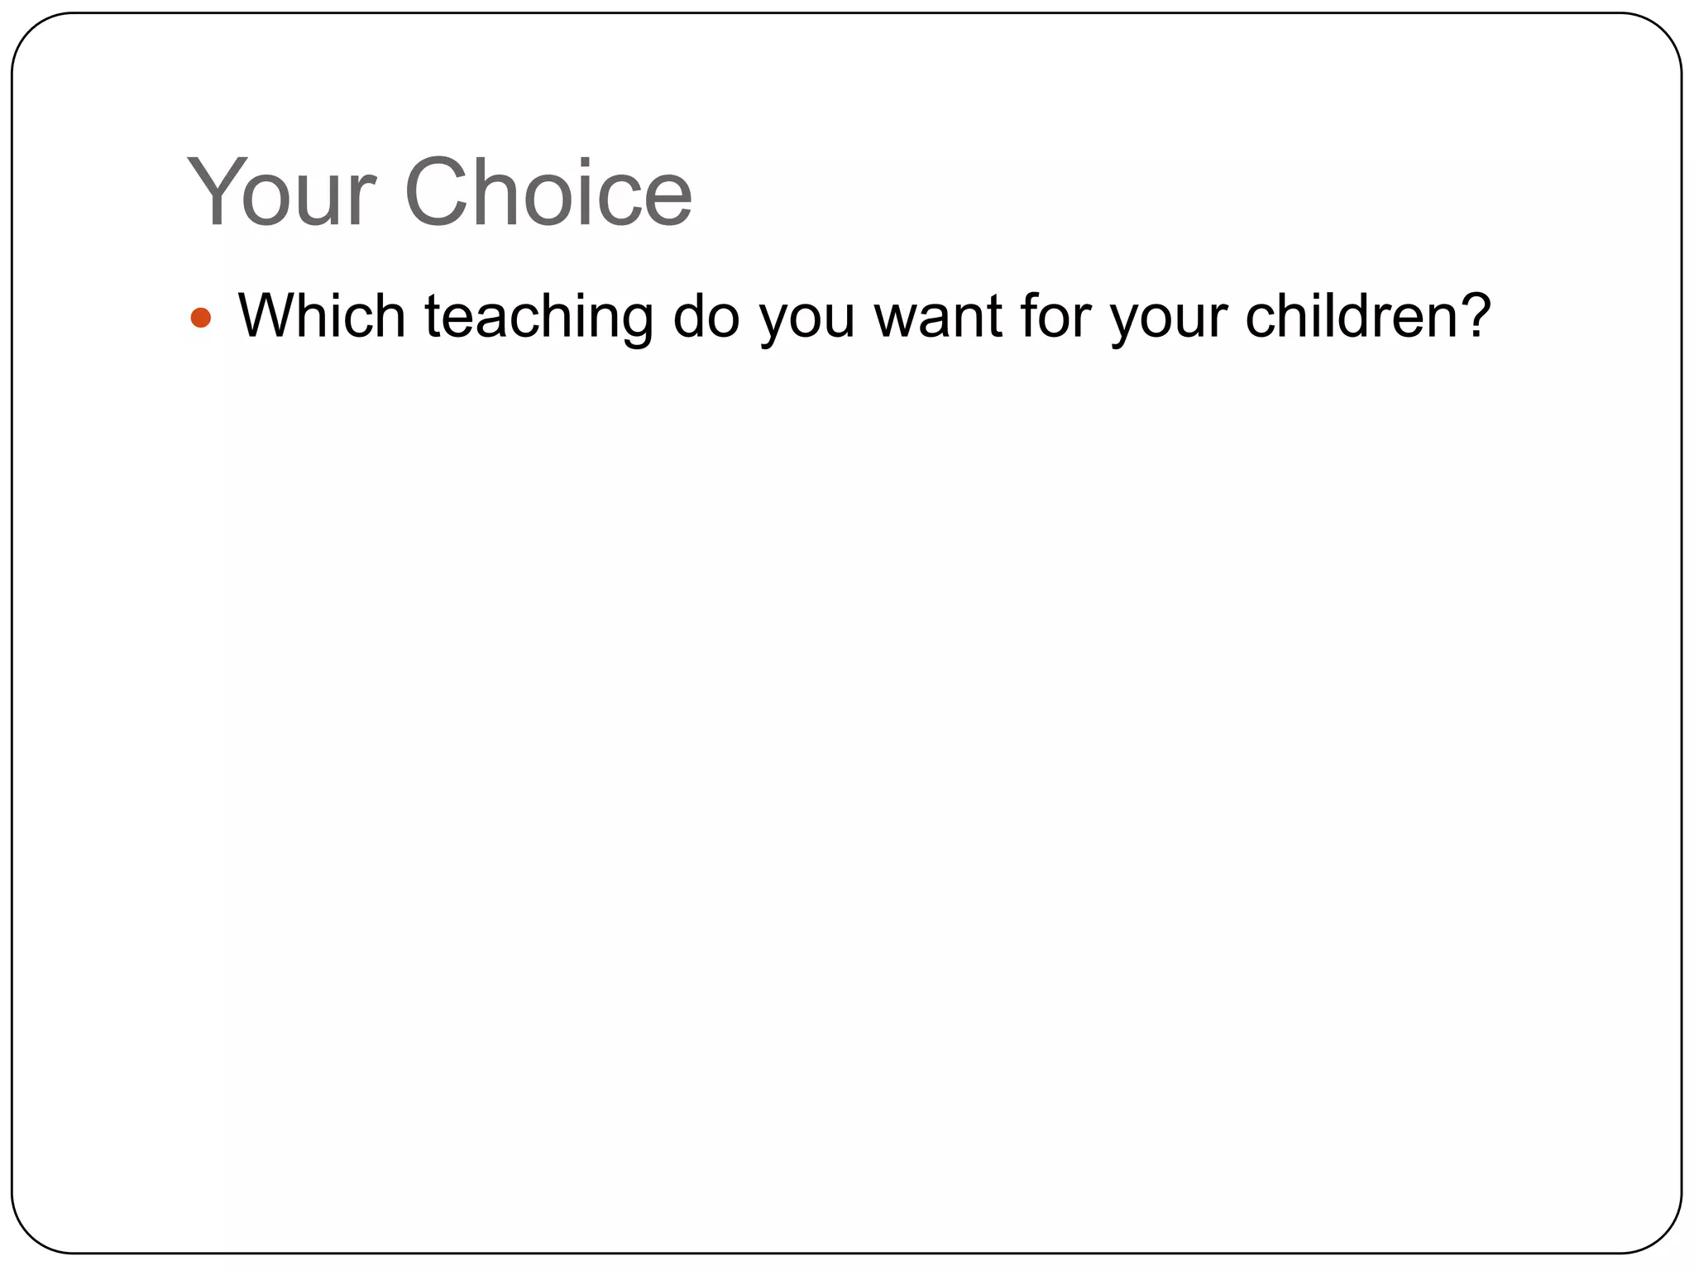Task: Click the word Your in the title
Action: tap(282, 193)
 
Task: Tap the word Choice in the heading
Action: tap(548, 193)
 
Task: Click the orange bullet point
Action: tap(201, 318)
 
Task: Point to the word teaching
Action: tap(538, 318)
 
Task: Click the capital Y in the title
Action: tap(213, 193)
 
